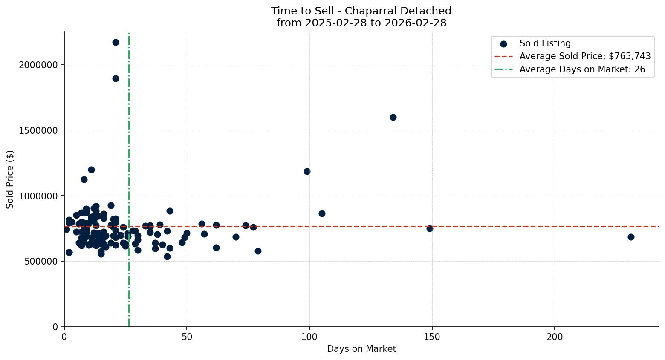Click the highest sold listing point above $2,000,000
tap(116, 42)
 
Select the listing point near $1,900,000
tap(116, 78)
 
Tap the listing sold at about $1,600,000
tap(393, 117)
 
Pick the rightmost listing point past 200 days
tap(631, 237)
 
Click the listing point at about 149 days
tap(430, 228)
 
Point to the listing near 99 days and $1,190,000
tap(307, 171)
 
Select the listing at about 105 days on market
tap(322, 213)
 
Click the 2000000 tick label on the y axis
tap(38, 65)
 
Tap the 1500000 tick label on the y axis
tap(38, 130)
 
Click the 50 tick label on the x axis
tap(187, 337)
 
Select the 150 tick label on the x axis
tap(432, 337)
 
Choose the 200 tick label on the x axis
tap(555, 337)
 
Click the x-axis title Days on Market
tap(361, 349)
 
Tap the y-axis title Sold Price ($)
tap(10, 179)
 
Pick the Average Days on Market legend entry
tap(582, 69)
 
